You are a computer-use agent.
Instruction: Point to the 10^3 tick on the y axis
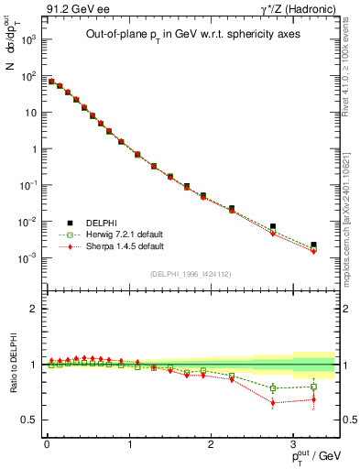[x=28, y=40]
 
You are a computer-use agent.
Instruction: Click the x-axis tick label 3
[x=292, y=444]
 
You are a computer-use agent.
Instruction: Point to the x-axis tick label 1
[x=129, y=444]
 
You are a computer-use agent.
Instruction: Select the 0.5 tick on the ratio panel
[x=32, y=420]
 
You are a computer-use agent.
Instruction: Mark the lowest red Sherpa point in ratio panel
[x=273, y=403]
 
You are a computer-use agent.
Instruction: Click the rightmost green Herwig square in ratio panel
[x=313, y=387]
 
